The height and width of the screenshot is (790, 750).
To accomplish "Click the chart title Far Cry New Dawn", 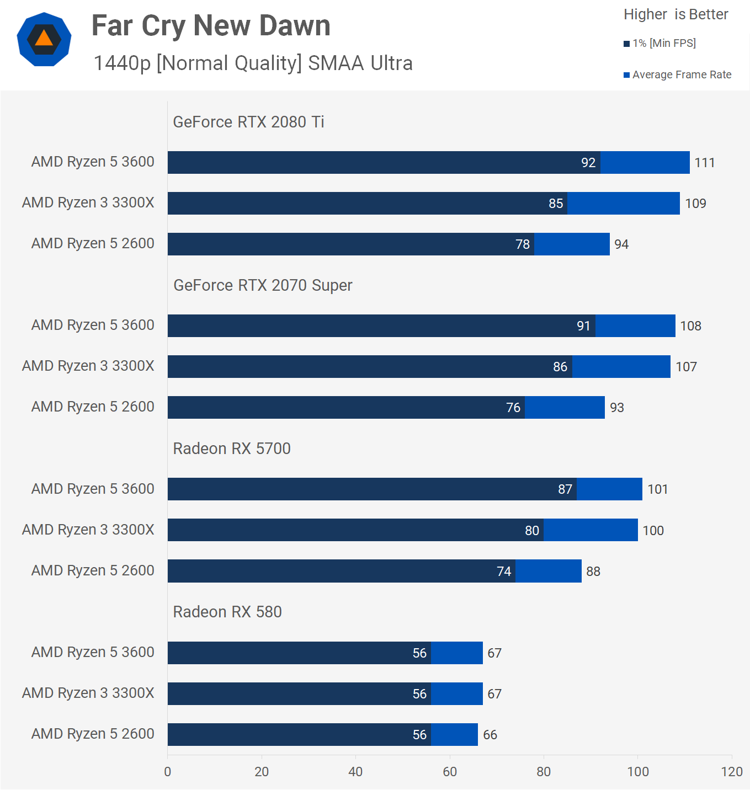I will click(211, 26).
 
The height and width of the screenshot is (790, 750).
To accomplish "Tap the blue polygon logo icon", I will click(44, 39).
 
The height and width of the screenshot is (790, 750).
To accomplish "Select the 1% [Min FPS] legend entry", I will click(660, 43).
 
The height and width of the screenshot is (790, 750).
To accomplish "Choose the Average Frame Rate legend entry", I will click(678, 74).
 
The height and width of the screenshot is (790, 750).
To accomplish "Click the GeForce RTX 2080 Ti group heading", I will click(248, 122).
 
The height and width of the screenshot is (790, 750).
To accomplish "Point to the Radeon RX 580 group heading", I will click(227, 612).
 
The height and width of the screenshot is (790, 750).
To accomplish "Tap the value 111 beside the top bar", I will click(704, 163).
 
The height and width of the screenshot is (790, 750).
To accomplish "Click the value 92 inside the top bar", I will click(588, 163).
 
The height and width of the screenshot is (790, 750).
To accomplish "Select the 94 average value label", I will click(621, 244).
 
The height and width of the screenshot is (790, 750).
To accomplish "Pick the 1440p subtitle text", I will click(253, 63).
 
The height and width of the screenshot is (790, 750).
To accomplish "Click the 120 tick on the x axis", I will click(732, 772).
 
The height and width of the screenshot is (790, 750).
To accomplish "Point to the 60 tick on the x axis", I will click(450, 772).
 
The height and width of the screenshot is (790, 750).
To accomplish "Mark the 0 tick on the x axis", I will click(168, 772).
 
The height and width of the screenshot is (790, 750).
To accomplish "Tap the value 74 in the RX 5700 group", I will click(504, 572).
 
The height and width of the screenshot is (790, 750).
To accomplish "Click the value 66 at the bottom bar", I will click(490, 735).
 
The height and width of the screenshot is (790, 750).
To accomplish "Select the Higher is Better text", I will click(675, 14).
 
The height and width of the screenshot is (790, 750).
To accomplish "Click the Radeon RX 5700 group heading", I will click(232, 449).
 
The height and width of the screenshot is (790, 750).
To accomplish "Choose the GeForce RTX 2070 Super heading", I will click(263, 285).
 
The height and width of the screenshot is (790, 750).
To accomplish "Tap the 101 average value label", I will click(657, 489).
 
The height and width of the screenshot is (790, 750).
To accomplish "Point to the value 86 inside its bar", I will click(560, 367).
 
